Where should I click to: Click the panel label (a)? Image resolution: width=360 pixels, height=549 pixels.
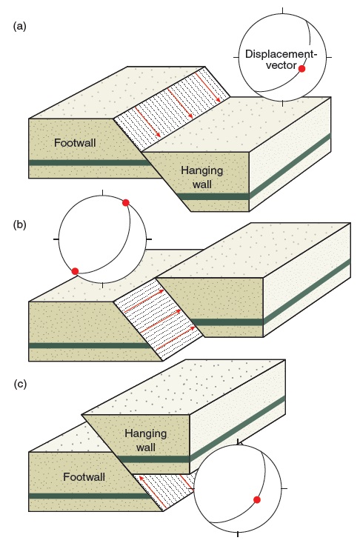click(19, 26)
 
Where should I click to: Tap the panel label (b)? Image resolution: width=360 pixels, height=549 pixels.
click(19, 224)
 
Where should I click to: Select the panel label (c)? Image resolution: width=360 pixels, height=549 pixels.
click(20, 384)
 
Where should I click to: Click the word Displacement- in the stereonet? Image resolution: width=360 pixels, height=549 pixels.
click(281, 54)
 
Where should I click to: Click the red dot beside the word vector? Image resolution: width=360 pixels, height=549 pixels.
click(301, 69)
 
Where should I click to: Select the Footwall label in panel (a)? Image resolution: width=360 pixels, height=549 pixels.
click(75, 142)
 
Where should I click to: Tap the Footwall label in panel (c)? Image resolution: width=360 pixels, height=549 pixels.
click(84, 476)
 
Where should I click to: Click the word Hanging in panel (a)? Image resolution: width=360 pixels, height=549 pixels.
click(201, 171)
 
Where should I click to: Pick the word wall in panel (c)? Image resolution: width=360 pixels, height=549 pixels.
click(146, 447)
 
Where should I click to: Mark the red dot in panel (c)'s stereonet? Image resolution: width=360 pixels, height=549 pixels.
click(257, 499)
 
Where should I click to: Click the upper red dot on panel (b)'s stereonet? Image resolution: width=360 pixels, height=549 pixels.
click(126, 202)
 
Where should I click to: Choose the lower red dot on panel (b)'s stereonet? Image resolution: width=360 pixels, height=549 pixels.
click(75, 271)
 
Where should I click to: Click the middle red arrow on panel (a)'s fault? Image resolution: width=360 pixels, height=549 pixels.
click(180, 102)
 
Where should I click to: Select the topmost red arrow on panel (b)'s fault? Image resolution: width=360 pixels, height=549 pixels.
click(144, 301)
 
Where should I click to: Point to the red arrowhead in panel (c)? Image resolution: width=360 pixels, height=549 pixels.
click(141, 477)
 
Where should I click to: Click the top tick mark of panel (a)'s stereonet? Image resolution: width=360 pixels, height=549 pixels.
click(283, 10)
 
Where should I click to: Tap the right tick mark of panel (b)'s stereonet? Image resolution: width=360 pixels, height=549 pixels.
click(149, 239)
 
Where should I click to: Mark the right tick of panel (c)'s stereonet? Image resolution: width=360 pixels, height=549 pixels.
click(284, 488)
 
